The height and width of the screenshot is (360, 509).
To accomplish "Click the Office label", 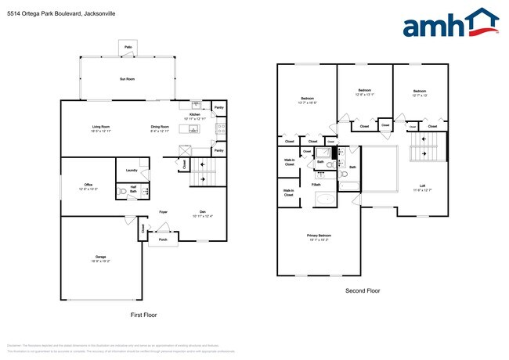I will pos(88,185).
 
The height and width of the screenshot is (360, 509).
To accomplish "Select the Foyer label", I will pos(164,212).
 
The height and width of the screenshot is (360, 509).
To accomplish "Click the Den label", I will pos(202,212).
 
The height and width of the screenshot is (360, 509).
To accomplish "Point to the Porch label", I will pos(163,239).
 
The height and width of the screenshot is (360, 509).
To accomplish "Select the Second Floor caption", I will pos(363,290).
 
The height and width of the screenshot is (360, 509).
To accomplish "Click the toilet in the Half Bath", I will pos(122,190).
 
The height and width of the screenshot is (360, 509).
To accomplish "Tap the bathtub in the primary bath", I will pos(325,198).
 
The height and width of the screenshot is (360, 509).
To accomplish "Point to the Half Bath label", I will pos(134,189).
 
